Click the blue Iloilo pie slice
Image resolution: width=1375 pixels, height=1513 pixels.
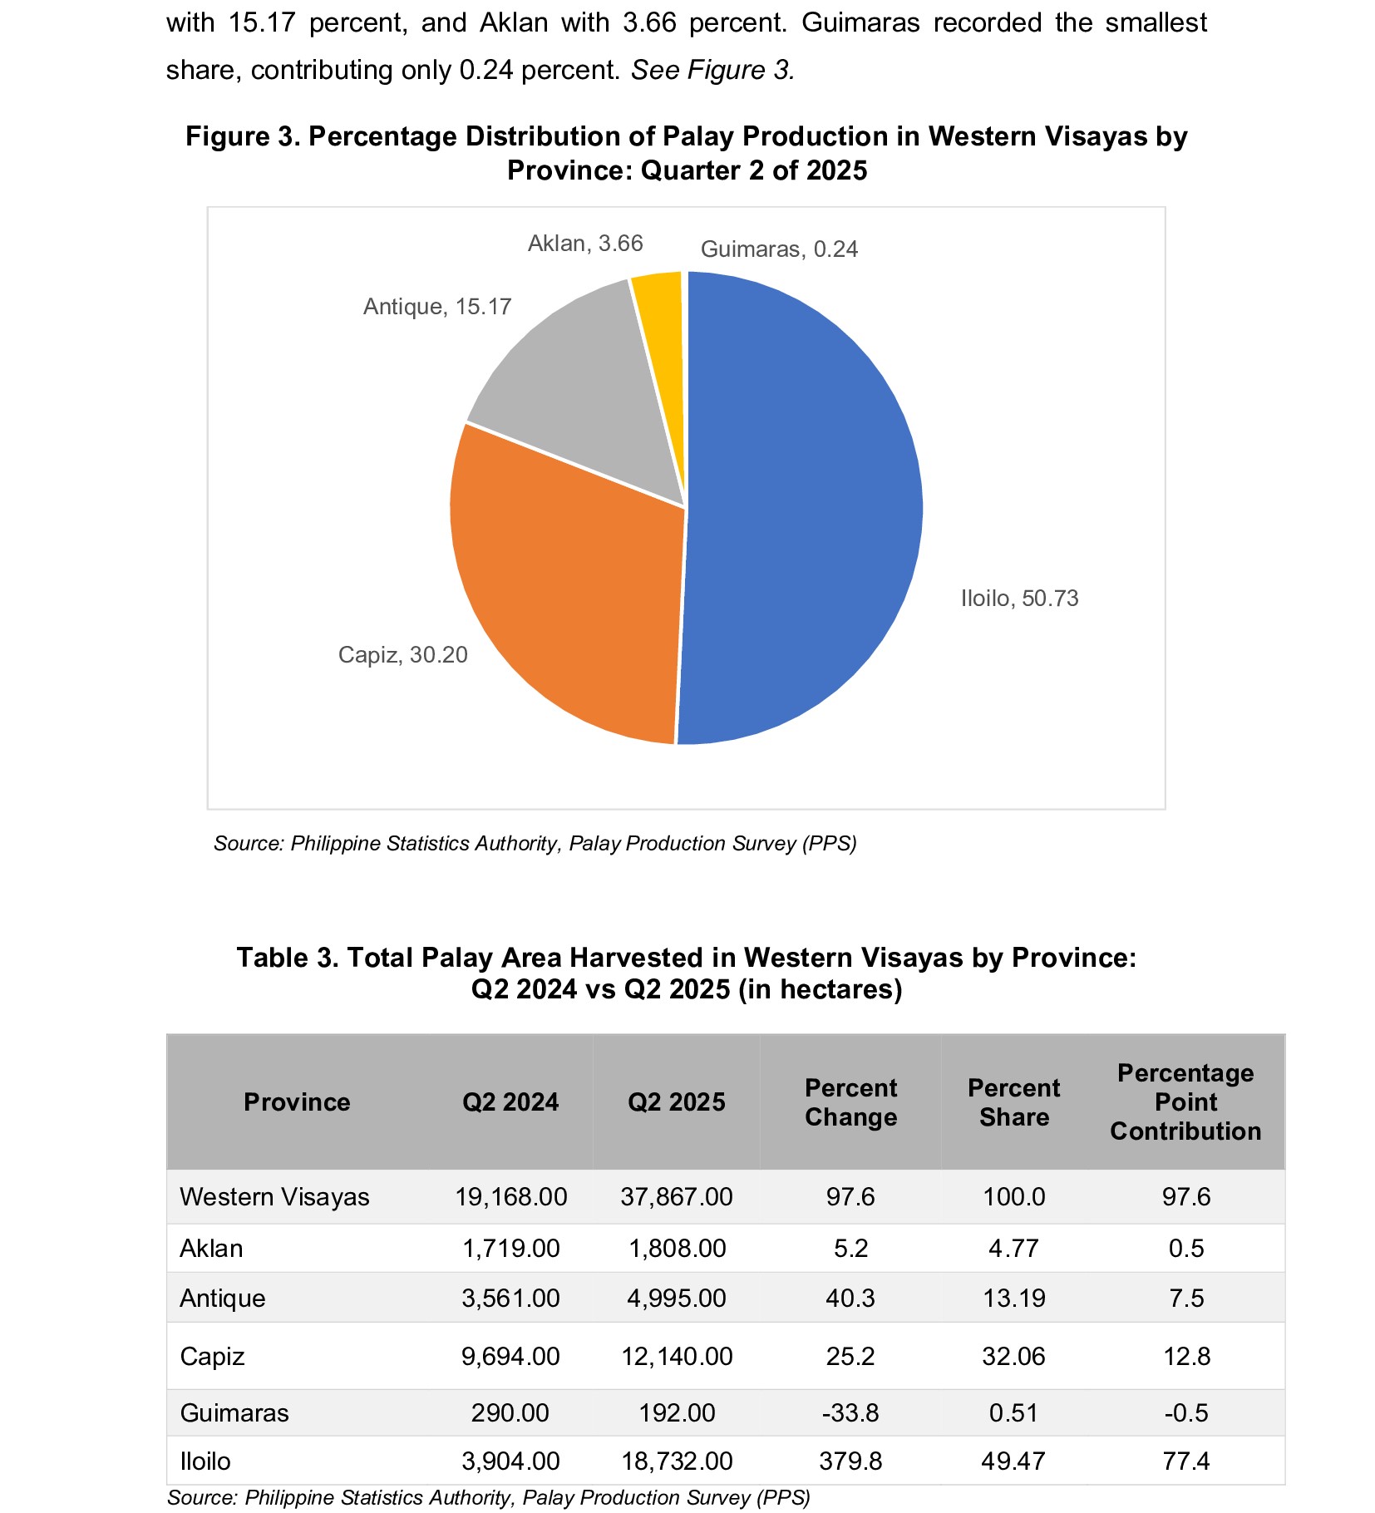click(x=802, y=507)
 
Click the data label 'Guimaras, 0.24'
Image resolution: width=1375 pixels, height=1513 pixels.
click(x=779, y=249)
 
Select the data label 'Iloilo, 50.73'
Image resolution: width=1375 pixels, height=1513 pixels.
click(x=1019, y=599)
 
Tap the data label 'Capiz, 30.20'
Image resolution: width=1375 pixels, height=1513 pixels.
click(x=402, y=655)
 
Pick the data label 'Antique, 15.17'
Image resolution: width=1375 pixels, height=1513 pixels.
click(x=437, y=307)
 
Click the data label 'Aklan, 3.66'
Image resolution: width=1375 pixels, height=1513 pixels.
click(x=585, y=244)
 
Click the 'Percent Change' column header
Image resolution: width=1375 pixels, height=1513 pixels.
click(x=850, y=1102)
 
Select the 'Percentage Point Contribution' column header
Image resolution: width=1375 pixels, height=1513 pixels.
click(x=1185, y=1102)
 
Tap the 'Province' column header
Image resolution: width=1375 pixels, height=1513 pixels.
click(x=297, y=1102)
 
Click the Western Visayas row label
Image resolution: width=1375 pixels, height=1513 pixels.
click(x=274, y=1197)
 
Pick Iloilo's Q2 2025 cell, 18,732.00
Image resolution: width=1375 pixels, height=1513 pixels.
click(x=677, y=1461)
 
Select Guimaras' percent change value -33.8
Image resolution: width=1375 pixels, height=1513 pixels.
click(x=850, y=1413)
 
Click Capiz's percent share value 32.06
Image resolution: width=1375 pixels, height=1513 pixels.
click(x=1013, y=1357)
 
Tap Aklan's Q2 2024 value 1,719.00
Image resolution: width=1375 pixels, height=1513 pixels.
click(x=510, y=1249)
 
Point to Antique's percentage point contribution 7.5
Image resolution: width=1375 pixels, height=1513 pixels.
click(x=1185, y=1299)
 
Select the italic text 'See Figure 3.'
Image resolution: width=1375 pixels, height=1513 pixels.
click(x=713, y=70)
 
